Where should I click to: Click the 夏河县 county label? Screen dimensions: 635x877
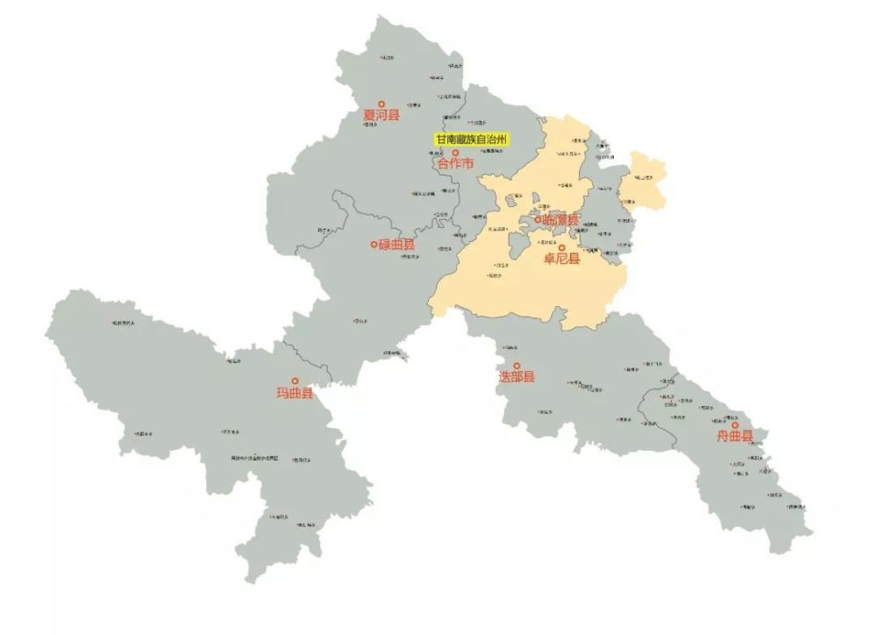coord(381,115)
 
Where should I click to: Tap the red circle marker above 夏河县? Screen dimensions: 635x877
coord(381,103)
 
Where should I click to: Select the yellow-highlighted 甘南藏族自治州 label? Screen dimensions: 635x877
coord(472,139)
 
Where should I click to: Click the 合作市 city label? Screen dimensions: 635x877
coord(455,164)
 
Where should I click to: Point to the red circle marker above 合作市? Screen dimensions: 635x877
coord(455,153)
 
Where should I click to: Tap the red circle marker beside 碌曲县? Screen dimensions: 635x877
coord(374,244)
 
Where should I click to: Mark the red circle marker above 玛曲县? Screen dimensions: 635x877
coord(295,381)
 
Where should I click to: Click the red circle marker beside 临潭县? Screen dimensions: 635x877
coord(538,220)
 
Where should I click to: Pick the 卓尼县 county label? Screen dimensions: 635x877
coord(562,259)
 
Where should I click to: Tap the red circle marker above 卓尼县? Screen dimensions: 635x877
coord(562,247)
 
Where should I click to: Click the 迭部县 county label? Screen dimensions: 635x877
coord(517,377)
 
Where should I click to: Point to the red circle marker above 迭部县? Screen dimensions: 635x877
coord(517,366)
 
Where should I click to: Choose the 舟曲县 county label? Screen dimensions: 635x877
coord(735,437)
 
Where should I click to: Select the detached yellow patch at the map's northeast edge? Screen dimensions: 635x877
coord(646,179)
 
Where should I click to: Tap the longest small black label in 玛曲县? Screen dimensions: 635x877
coord(254,458)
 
